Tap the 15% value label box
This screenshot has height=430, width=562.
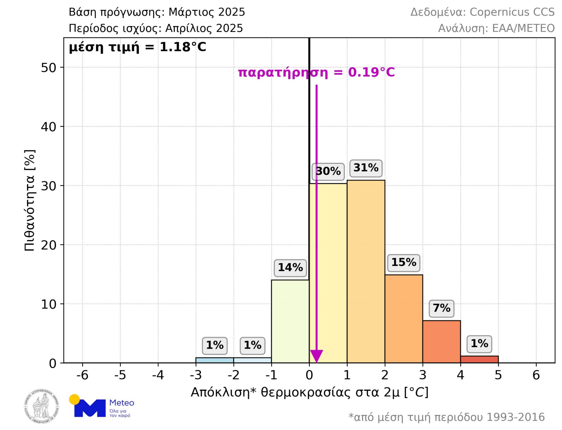[404, 262]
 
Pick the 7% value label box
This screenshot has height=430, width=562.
[441, 308]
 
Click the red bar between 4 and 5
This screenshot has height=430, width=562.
[479, 359]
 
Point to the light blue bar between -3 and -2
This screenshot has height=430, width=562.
[215, 360]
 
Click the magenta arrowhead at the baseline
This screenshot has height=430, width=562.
[316, 356]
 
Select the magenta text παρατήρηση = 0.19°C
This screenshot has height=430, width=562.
[316, 72]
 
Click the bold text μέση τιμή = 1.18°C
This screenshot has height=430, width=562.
[138, 47]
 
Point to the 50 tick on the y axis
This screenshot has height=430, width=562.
[49, 68]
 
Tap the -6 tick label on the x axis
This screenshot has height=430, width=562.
[82, 375]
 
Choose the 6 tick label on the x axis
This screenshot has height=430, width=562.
[536, 375]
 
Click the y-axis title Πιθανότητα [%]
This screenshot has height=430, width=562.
[30, 200]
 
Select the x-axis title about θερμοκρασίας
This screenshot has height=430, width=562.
[309, 392]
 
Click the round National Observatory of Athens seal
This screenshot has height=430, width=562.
[41, 406]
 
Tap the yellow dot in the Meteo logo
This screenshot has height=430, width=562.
[74, 399]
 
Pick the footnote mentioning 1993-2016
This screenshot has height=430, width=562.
[446, 417]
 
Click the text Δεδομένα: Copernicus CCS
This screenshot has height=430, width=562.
[482, 12]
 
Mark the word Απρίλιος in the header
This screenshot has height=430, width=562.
[189, 28]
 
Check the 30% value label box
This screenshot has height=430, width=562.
[328, 171]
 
